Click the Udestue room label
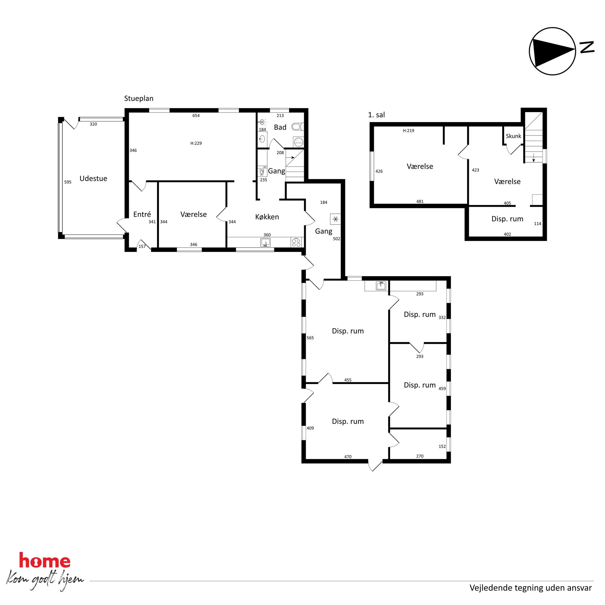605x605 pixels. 93,178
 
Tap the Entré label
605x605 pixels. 142,214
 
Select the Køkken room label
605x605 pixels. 267,217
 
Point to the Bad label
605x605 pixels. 280,127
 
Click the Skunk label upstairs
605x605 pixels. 514,136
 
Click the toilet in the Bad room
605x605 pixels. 298,127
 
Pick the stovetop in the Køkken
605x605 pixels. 296,242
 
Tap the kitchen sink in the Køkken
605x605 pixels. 266,242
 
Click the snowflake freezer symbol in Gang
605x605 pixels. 335,219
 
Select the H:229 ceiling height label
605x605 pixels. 196,143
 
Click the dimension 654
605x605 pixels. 196,116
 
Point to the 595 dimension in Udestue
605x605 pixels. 68,182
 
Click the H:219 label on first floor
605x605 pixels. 408,131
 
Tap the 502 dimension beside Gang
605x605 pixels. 337,239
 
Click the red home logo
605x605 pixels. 45,560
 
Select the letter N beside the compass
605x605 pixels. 587,47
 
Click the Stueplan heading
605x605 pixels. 139,98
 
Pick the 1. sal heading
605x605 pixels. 376,115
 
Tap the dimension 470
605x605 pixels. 348,457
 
